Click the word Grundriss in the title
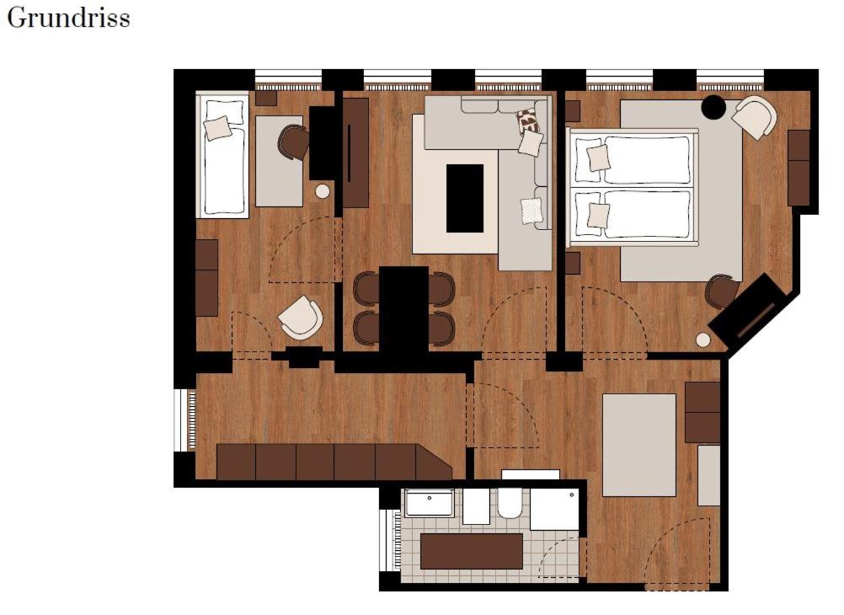[x=68, y=19]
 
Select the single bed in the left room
[x=223, y=155]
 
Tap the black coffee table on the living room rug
[x=465, y=198]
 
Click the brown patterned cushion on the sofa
[x=527, y=120]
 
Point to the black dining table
[x=403, y=307]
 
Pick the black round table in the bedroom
[x=714, y=107]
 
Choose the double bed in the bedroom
[x=634, y=187]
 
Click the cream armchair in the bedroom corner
[x=754, y=116]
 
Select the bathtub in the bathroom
[x=429, y=503]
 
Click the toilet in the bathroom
[x=510, y=503]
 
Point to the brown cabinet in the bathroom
[x=471, y=551]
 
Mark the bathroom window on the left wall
[x=391, y=540]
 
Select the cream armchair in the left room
[x=301, y=318]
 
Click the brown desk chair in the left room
[x=294, y=142]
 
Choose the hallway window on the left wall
[x=184, y=420]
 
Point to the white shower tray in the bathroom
[x=554, y=509]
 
